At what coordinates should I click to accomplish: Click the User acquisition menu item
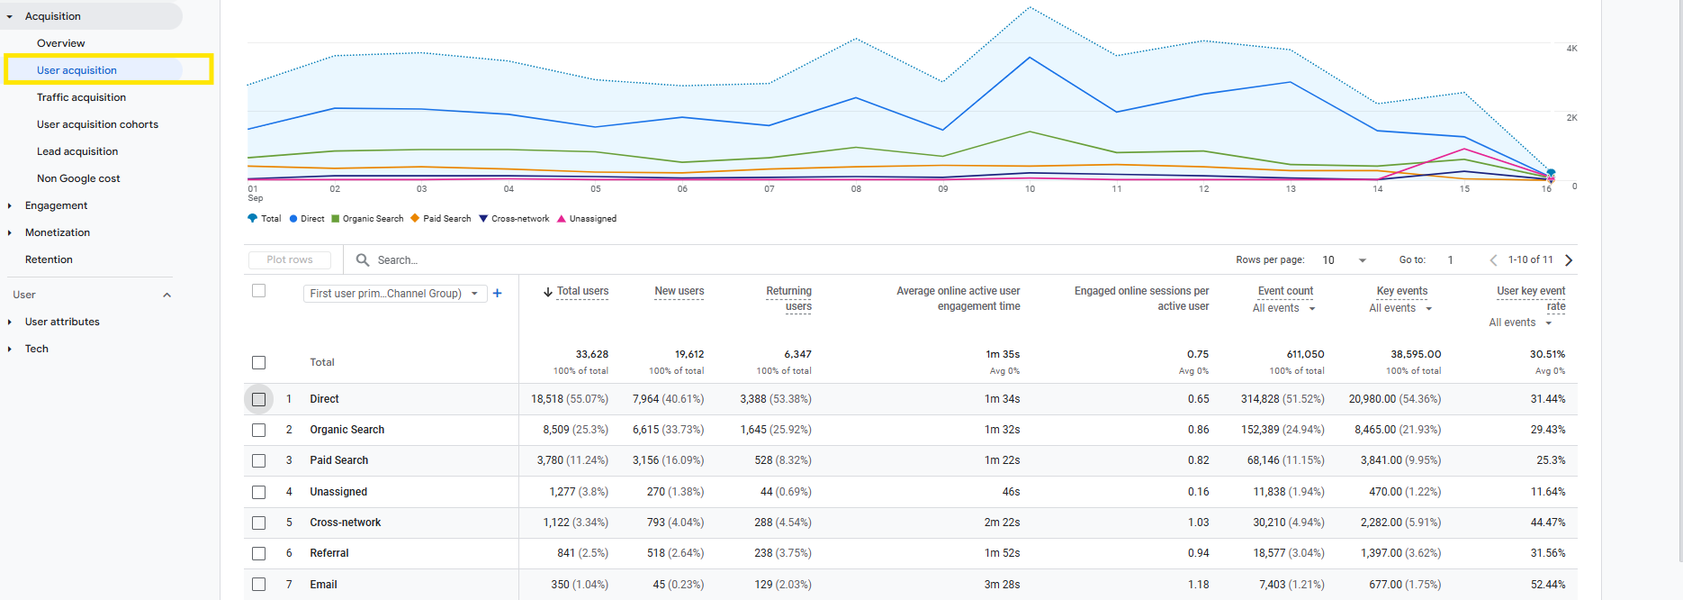coord(76,70)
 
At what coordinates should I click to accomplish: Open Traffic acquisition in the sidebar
coord(81,97)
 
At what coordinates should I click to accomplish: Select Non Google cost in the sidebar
coord(78,178)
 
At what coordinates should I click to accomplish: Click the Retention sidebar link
coord(49,259)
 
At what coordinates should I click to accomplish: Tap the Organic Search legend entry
coord(367,219)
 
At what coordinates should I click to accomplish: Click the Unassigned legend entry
coord(587,219)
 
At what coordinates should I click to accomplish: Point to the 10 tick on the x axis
coord(1030,189)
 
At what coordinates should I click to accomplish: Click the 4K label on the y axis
coord(1571,49)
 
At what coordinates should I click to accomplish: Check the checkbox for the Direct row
coord(259,399)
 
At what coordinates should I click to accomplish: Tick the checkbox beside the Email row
coord(259,585)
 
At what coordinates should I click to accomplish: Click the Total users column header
coord(582,291)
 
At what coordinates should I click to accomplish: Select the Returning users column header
coord(788,298)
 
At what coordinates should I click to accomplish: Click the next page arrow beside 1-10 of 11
coord(1569,260)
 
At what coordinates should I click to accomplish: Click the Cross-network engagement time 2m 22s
coord(1002,523)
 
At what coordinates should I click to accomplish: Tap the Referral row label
coord(329,553)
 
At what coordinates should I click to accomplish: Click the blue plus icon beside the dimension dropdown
coord(498,293)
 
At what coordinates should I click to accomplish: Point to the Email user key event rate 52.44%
coord(1548,585)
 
